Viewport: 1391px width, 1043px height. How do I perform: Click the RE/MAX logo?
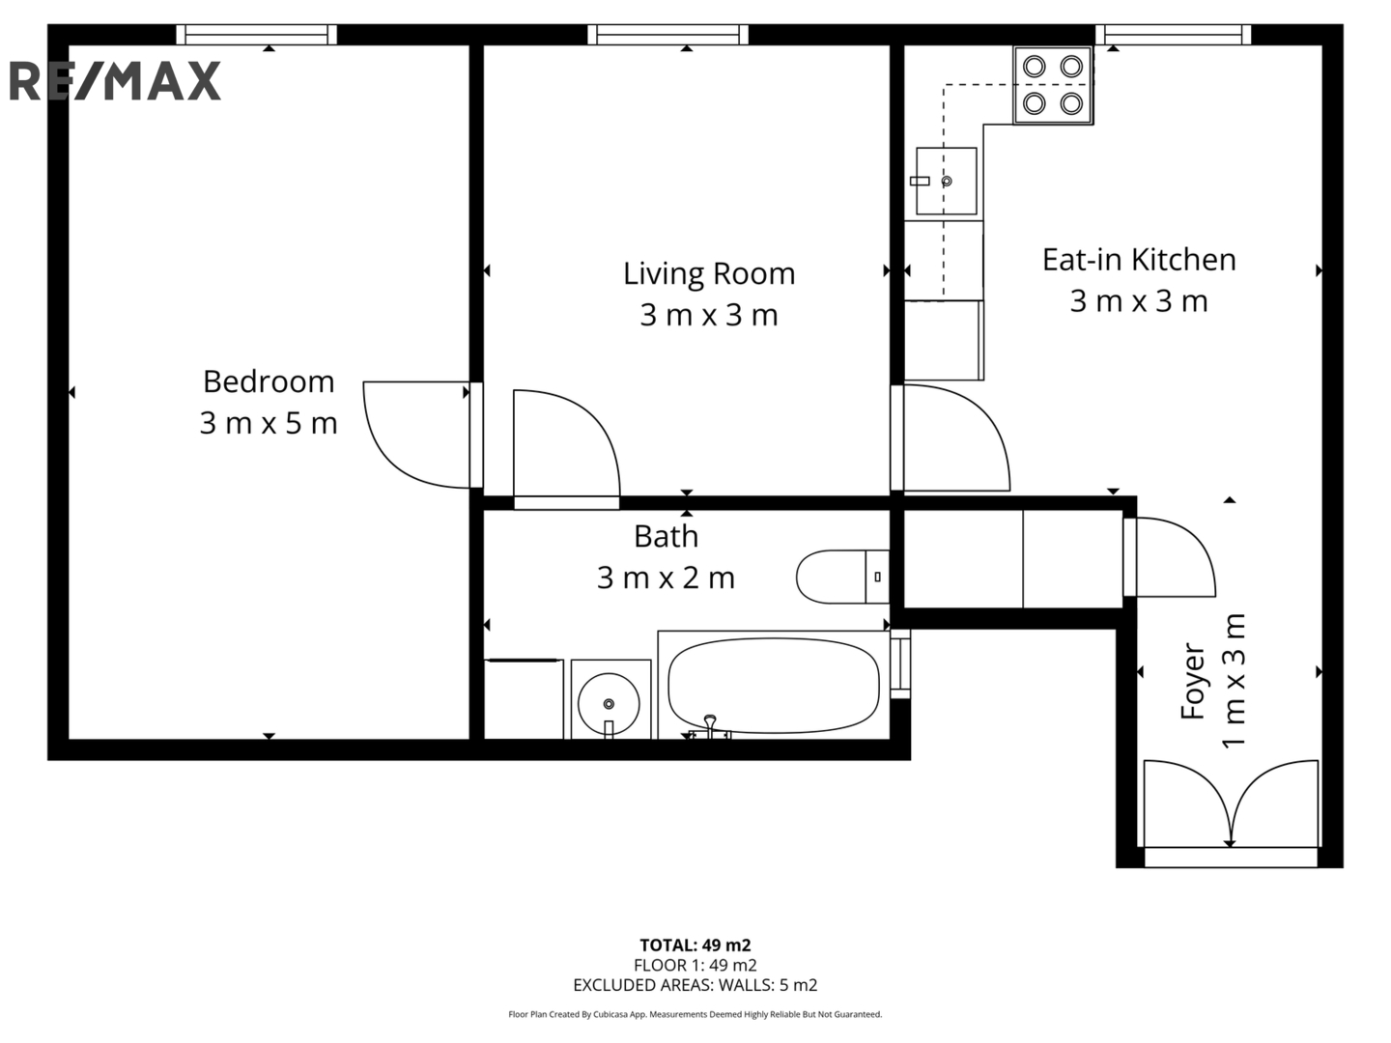point(115,81)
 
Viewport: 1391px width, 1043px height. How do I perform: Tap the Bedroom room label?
point(269,381)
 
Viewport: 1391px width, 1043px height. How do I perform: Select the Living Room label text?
point(708,273)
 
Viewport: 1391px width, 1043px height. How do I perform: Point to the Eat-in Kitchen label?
point(1139,260)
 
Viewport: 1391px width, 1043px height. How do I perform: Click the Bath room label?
point(666,536)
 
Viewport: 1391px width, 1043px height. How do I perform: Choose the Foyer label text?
point(1192,681)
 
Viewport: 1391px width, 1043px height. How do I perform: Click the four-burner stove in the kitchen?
point(1053,85)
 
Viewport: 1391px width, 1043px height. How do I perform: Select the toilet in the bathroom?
point(842,577)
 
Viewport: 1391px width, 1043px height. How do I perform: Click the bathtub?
point(773,686)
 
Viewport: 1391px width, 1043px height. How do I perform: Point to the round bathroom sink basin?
point(609,703)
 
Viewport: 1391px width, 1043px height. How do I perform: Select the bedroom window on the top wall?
point(256,34)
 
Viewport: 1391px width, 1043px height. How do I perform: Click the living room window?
point(667,34)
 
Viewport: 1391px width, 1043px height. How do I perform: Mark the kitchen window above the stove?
point(1173,34)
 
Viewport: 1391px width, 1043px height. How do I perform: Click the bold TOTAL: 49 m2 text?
point(695,944)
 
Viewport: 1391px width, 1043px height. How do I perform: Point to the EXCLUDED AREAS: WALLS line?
point(695,985)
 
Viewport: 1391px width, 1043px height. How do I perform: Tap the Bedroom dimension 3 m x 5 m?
point(269,423)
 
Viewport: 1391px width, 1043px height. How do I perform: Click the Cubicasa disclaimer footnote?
point(695,1014)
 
